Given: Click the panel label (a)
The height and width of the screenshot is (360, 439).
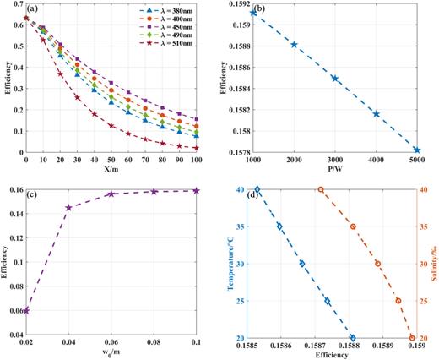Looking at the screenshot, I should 33,10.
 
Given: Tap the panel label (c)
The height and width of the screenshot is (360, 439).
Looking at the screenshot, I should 33,194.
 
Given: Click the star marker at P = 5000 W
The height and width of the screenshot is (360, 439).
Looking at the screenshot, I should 417,150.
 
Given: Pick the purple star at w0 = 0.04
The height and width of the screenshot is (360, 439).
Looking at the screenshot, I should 69,207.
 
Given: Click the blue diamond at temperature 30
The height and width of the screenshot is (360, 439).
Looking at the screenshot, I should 302,264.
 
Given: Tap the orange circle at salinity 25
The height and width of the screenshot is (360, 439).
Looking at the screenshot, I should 398,301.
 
